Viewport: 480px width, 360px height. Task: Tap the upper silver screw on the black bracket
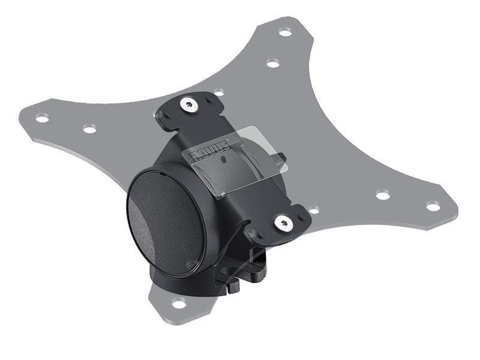tap(190, 106)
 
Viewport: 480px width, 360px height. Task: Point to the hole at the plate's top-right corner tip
tap(286, 32)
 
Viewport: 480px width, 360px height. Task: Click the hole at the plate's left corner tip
tap(42, 118)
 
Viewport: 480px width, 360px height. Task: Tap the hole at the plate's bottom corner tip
tap(179, 303)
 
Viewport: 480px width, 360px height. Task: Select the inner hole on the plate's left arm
tap(89, 128)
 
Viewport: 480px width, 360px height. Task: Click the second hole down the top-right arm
tap(272, 63)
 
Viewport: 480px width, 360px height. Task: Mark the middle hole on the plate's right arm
tap(382, 194)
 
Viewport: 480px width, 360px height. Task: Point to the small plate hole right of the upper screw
tap(219, 92)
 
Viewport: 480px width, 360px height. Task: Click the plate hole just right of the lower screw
tap(313, 210)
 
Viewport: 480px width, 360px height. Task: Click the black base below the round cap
tap(180, 282)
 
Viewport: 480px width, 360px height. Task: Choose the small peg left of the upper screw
tap(166, 115)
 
